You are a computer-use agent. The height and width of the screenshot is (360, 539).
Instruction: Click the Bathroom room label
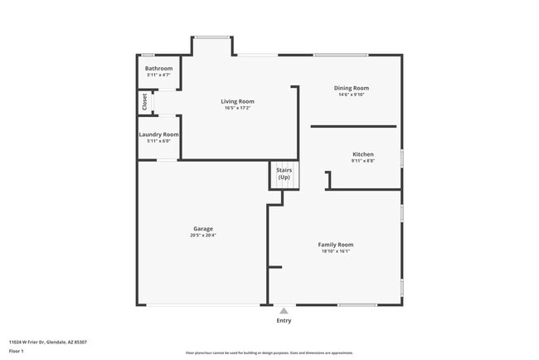[158, 68]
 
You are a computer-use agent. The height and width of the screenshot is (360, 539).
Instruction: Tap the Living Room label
[237, 101]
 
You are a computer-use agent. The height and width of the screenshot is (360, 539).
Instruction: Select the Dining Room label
[352, 88]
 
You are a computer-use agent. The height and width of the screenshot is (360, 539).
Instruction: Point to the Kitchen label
[363, 154]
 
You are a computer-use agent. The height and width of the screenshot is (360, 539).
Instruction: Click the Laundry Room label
[158, 134]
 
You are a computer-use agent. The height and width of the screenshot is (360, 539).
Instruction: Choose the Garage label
[203, 228]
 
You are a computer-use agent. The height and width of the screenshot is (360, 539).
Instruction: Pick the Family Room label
[336, 244]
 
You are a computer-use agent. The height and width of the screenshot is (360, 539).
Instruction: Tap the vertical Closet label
[144, 101]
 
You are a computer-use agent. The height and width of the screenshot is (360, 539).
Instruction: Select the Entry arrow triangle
[284, 311]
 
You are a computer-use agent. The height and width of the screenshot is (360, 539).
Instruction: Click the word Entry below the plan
[284, 320]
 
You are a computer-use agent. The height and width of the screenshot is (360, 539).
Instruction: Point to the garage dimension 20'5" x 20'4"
[203, 236]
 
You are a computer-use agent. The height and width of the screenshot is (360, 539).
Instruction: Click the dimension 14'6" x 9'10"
[352, 95]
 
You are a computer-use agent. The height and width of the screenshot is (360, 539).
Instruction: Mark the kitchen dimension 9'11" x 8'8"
[363, 161]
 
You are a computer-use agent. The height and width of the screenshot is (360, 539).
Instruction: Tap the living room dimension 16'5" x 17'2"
[237, 108]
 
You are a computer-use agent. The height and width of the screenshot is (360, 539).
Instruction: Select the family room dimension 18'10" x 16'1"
[336, 251]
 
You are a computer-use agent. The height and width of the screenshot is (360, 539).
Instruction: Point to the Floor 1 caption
[17, 352]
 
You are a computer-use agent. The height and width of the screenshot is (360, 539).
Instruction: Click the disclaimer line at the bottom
[269, 353]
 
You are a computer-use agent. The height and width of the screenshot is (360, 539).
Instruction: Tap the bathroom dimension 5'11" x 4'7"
[158, 75]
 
